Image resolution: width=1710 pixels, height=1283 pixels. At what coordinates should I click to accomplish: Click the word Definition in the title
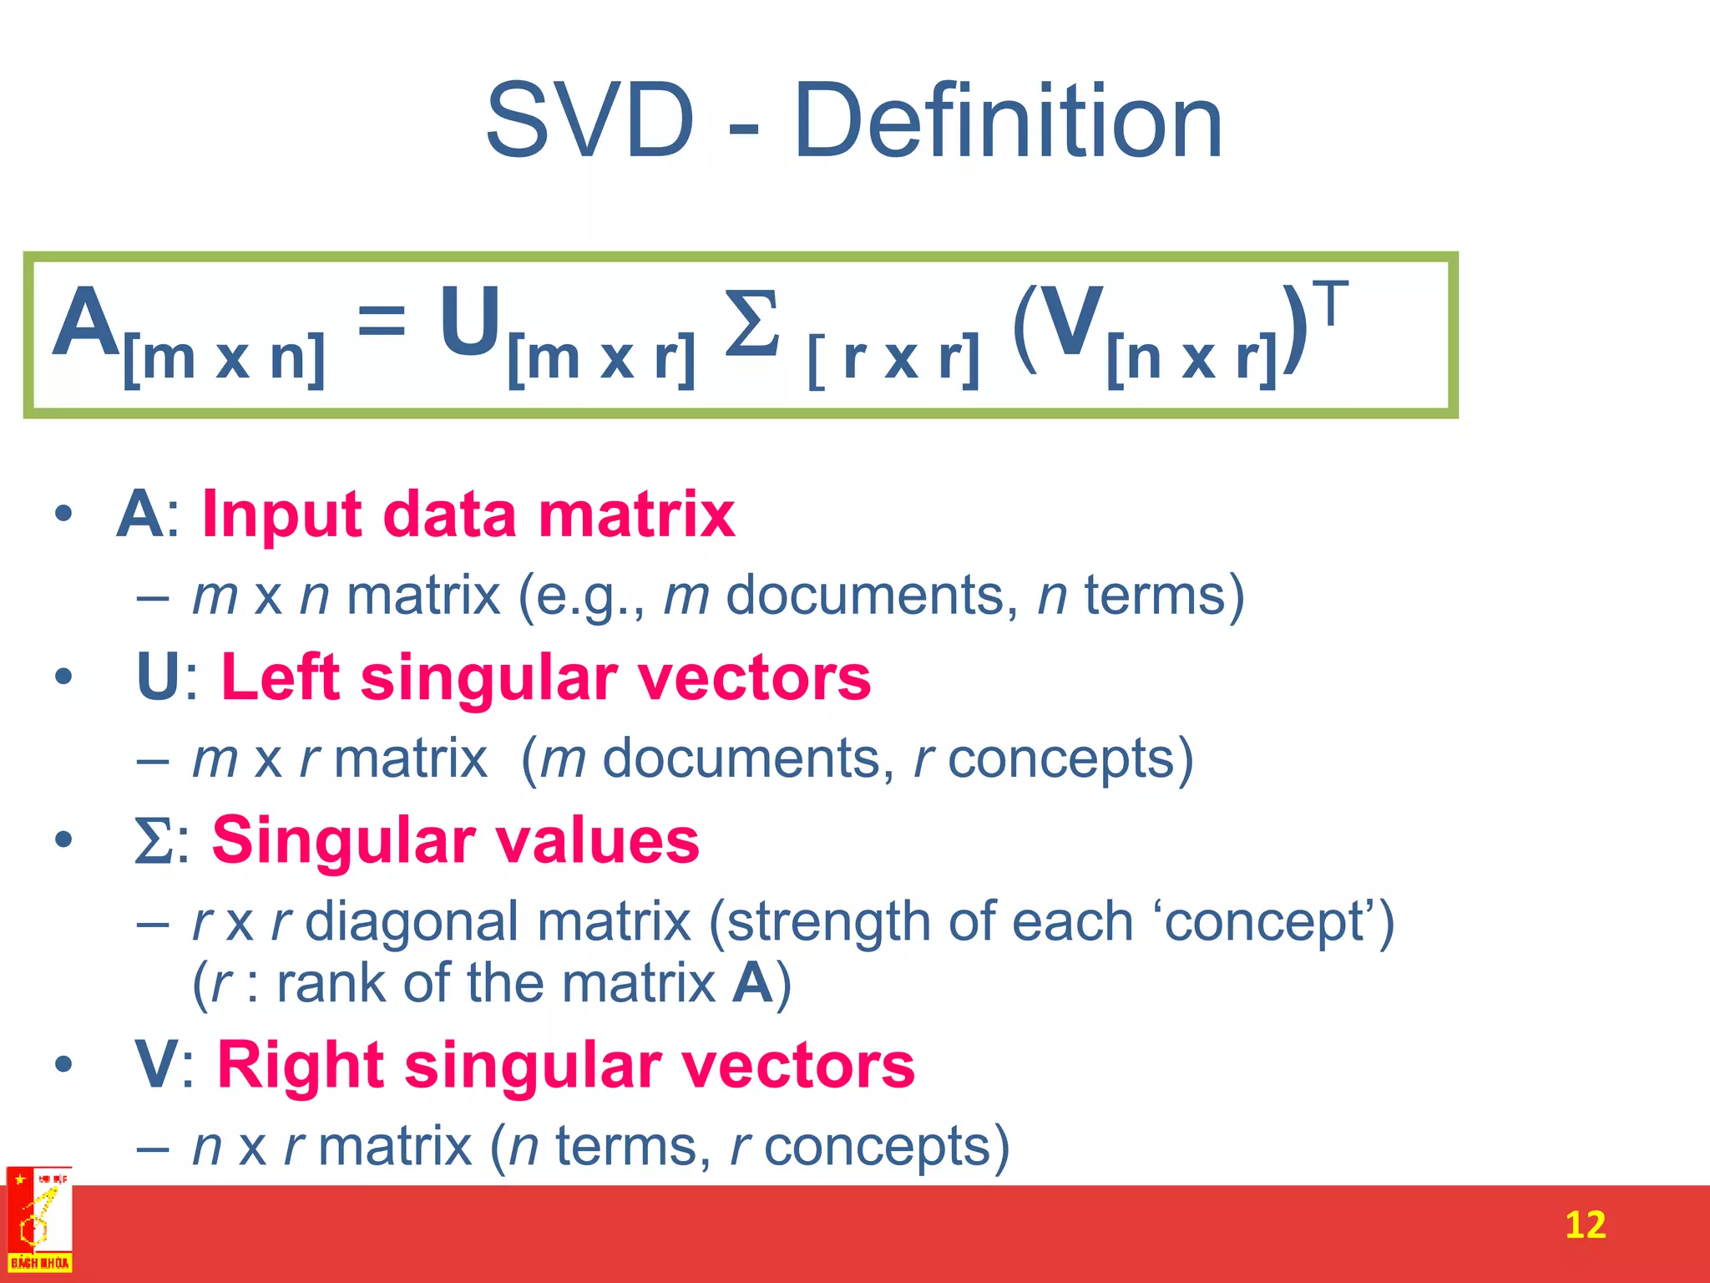pos(1008,121)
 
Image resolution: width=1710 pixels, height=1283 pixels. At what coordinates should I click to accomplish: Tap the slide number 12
pos(1585,1225)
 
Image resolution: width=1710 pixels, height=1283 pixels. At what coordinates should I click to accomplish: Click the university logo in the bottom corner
pos(39,1221)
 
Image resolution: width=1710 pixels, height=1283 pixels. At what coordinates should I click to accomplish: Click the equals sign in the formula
pos(382,321)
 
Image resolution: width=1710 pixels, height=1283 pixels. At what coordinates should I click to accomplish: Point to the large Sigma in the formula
pos(752,324)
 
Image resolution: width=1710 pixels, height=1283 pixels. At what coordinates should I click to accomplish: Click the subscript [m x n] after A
pos(224,358)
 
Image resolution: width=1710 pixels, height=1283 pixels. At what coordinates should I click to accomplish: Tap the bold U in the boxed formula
pos(470,321)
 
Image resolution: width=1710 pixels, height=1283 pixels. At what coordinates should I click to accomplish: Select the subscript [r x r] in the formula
pos(894,359)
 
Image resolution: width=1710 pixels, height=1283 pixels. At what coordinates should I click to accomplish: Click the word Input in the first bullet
pos(282,514)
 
